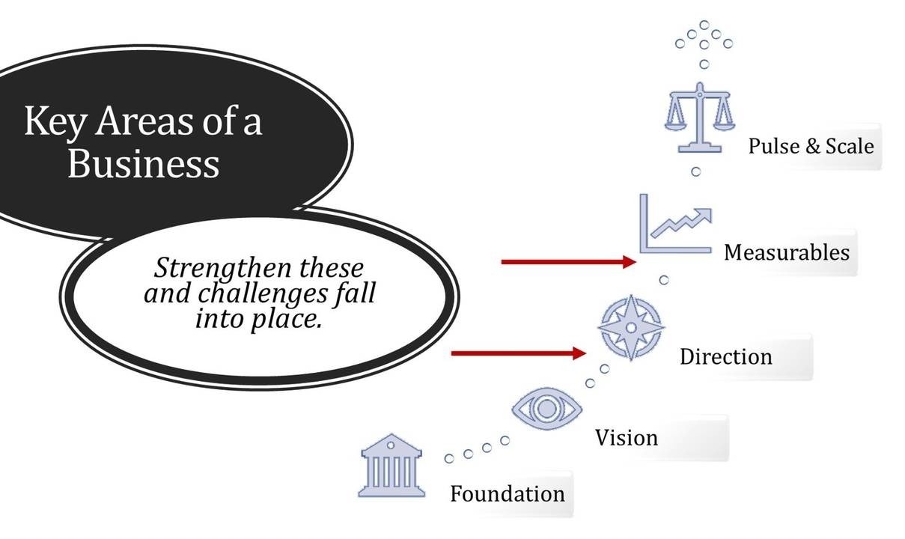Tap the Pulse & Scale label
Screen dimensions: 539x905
pyautogui.click(x=811, y=145)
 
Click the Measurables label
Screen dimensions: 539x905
pyautogui.click(x=786, y=252)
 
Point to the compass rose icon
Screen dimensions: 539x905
pyautogui.click(x=630, y=328)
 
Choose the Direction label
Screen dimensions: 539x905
pyautogui.click(x=725, y=356)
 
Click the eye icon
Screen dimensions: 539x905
pyautogui.click(x=546, y=409)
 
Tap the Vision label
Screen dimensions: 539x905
pyautogui.click(x=627, y=437)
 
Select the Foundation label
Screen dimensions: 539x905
pyautogui.click(x=507, y=494)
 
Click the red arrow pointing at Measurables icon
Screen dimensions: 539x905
pyautogui.click(x=568, y=262)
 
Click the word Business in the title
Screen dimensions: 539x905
pyautogui.click(x=144, y=164)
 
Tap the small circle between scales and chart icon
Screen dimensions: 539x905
pyautogui.click(x=695, y=172)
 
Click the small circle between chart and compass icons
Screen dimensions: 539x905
pyautogui.click(x=663, y=280)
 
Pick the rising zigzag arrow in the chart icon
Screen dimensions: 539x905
pyautogui.click(x=681, y=222)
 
